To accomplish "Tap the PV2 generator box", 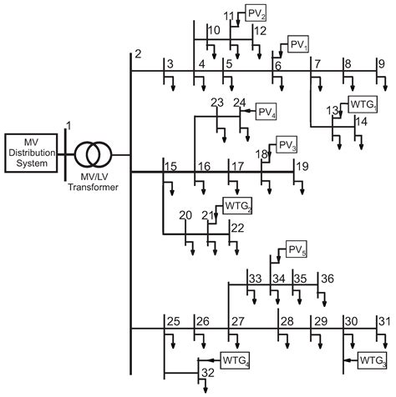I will pyautogui.click(x=256, y=13).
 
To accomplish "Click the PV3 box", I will pyautogui.click(x=287, y=144).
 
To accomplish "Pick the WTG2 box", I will pyautogui.click(x=236, y=204).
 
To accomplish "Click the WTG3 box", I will pyautogui.click(x=372, y=359).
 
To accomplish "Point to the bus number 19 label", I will pyautogui.click(x=302, y=166).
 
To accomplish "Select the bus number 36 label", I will pyautogui.click(x=328, y=278).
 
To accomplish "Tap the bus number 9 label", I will pyautogui.click(x=381, y=63).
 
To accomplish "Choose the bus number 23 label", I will pyautogui.click(x=217, y=103).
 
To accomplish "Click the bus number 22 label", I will pyautogui.click(x=237, y=228).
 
